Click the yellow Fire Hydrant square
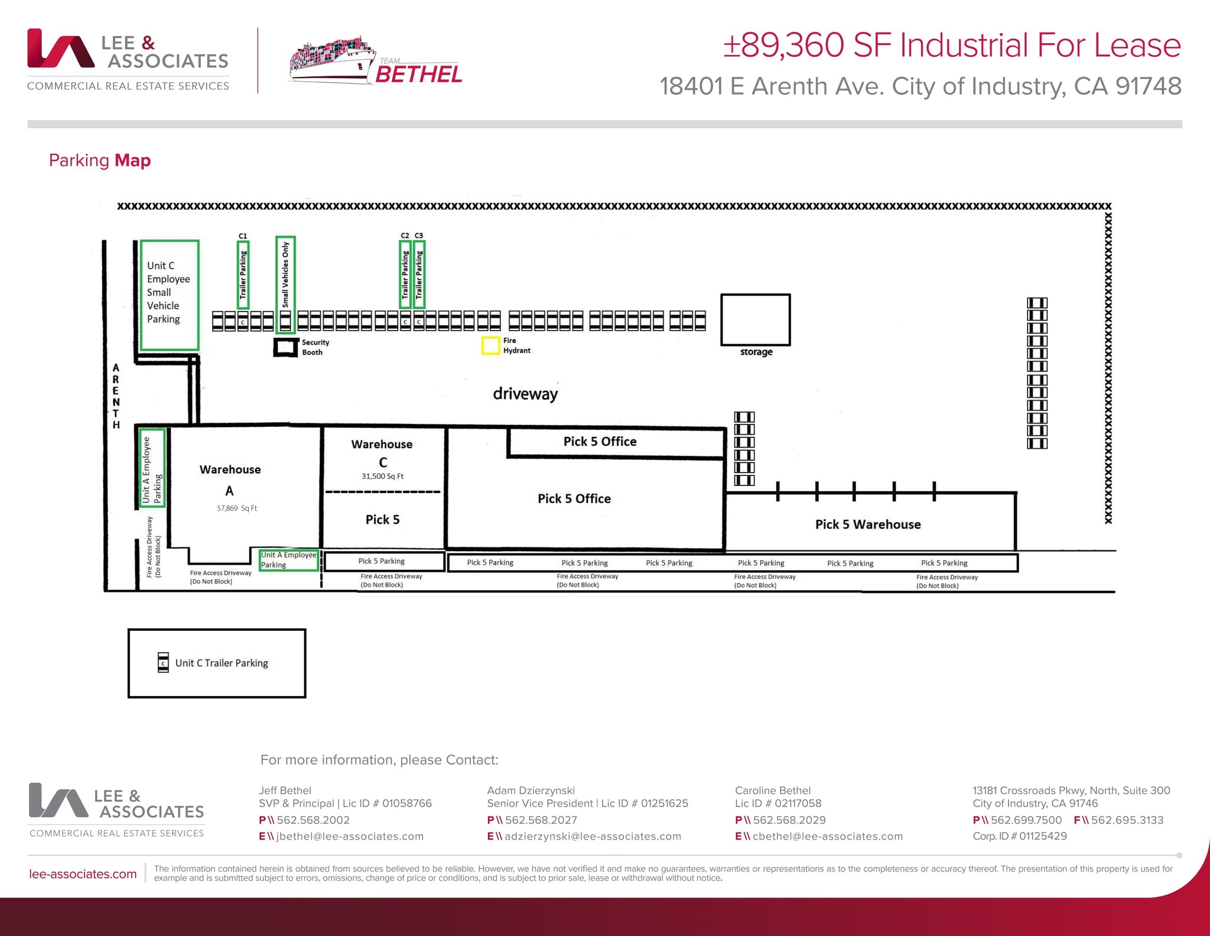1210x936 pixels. [490, 345]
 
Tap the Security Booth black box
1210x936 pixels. [286, 347]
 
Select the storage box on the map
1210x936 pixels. [755, 320]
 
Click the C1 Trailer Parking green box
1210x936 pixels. [243, 275]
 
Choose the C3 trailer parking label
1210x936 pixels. [419, 235]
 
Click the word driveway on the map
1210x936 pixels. [525, 394]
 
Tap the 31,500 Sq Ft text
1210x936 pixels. [382, 476]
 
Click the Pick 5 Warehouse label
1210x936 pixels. [867, 524]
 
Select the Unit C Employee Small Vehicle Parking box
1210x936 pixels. [169, 294]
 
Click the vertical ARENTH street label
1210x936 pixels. [116, 396]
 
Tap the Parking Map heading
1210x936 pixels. [100, 160]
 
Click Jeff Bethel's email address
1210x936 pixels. [349, 836]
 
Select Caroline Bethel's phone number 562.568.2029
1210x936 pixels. [789, 820]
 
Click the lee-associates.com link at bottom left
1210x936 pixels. [83, 874]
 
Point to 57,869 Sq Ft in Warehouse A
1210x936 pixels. [236, 508]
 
